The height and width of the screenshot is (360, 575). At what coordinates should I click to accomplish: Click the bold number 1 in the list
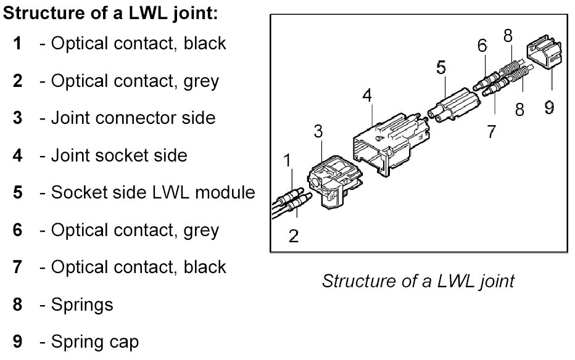[x=18, y=43]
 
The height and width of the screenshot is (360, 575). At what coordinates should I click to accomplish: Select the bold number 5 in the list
[x=18, y=192]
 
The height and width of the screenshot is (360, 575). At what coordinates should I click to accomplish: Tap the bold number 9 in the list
[x=18, y=341]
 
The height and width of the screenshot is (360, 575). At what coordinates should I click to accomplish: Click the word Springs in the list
[x=81, y=304]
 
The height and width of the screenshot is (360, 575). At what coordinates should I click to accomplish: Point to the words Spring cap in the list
[x=95, y=341]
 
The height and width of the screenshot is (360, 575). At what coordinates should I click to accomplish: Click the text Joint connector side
[x=133, y=118]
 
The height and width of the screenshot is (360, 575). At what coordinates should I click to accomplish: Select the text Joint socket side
[x=119, y=155]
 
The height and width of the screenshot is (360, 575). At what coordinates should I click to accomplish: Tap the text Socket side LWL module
[x=153, y=192]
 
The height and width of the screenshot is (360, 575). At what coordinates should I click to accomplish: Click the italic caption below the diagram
[x=418, y=282]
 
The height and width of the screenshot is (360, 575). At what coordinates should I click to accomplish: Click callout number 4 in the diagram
[x=367, y=96]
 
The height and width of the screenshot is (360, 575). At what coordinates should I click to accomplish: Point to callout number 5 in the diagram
[x=441, y=67]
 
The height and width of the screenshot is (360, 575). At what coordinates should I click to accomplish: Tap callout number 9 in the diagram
[x=549, y=108]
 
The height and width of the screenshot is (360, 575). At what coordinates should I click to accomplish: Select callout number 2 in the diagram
[x=294, y=236]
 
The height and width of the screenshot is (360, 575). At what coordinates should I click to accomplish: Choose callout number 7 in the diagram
[x=492, y=131]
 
